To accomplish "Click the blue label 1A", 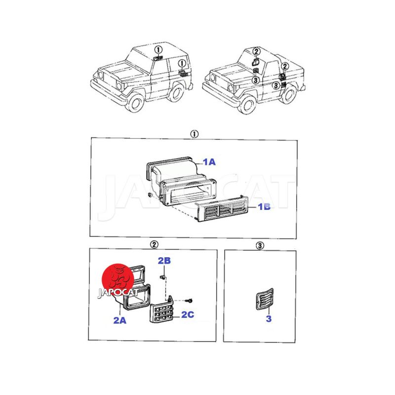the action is coord(209,162).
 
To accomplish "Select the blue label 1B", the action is coord(264,207).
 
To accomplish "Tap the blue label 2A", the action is coord(119,320).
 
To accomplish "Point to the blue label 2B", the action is coord(164,261).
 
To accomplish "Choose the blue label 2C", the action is coord(188,315).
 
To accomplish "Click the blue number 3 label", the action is coord(269,318).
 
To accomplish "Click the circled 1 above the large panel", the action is coord(194,134).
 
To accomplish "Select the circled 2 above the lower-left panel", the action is coord(154,244).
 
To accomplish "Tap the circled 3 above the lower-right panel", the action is coord(260,245).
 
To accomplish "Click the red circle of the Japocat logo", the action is coord(118,279).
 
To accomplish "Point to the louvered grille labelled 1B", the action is coord(222,208).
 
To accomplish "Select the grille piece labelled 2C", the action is coord(162,311).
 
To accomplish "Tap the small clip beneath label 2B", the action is coord(162,277).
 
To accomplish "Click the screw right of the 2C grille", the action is coord(189,300).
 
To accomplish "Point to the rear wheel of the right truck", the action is coord(288,94).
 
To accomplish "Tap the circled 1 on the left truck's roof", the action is coord(158,50).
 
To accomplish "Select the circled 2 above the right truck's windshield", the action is coord(256,52).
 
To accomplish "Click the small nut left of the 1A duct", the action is coord(150,195).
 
